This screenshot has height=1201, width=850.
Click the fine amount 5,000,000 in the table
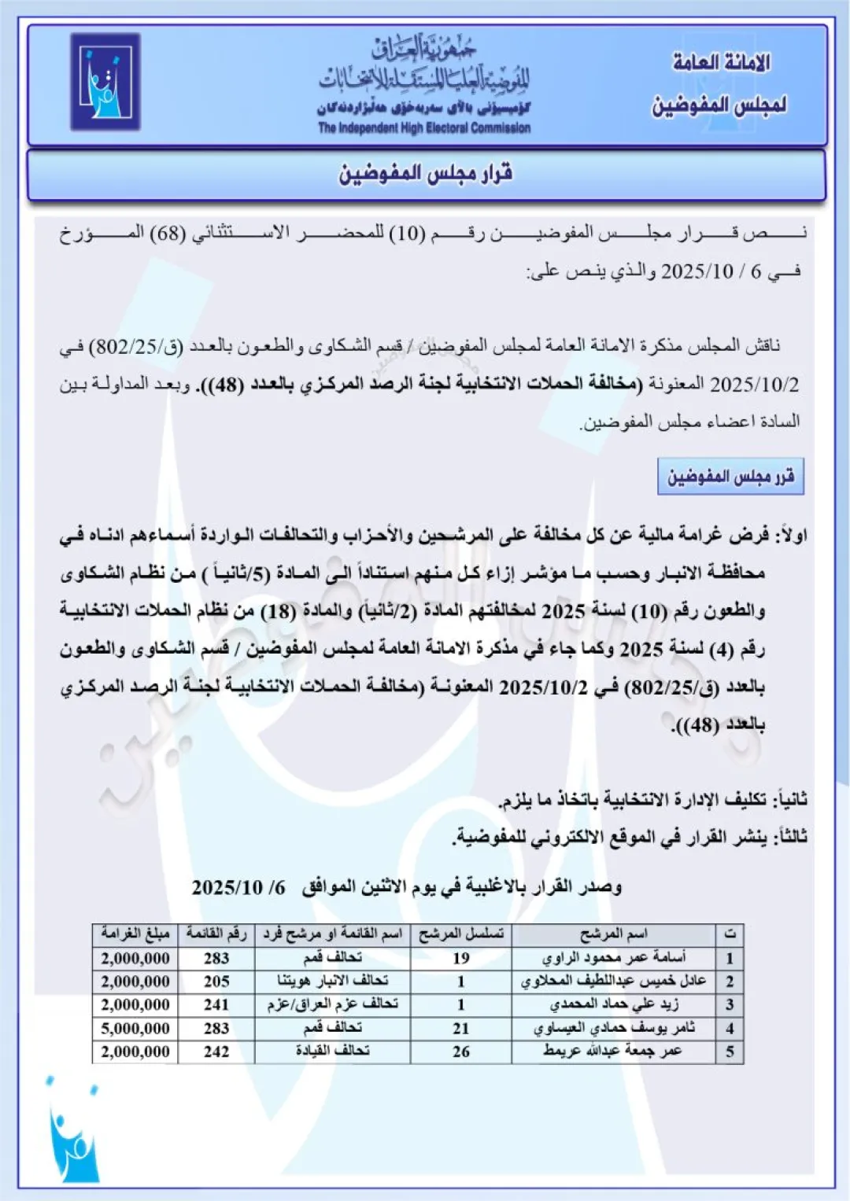(135, 1028)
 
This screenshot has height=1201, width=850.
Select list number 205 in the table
(216, 982)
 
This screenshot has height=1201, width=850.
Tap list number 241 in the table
(216, 1004)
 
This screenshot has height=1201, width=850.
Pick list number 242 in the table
(216, 1052)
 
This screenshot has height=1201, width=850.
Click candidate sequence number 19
(461, 958)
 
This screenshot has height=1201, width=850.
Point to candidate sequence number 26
(461, 1052)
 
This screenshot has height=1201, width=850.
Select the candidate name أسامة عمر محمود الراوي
(614, 958)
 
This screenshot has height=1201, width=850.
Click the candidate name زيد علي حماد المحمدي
(614, 1004)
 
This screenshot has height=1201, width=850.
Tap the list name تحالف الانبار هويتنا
(332, 982)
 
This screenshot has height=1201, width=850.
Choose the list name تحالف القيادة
(332, 1052)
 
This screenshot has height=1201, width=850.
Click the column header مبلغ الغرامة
(135, 934)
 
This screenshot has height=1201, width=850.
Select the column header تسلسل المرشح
(461, 934)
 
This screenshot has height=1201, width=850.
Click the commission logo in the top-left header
(105, 82)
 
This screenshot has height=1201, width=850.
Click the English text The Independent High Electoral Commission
(424, 128)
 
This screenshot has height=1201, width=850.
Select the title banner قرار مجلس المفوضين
(426, 173)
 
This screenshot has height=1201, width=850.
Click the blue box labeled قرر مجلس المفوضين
(730, 477)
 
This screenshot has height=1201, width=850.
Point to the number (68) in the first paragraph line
(168, 234)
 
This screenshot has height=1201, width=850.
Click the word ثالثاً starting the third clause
(789, 837)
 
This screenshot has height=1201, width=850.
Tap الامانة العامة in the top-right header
(721, 63)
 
